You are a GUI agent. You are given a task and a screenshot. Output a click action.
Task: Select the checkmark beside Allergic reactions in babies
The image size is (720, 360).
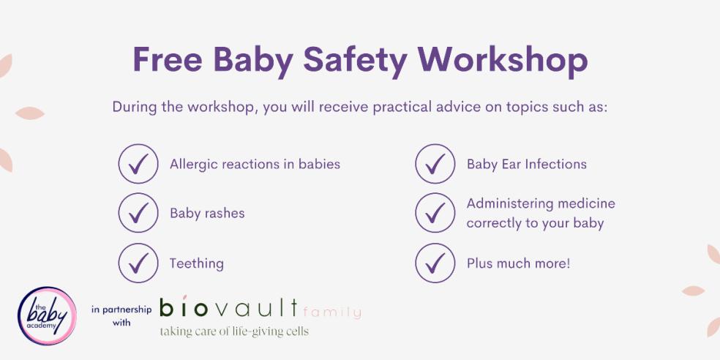click(x=138, y=164)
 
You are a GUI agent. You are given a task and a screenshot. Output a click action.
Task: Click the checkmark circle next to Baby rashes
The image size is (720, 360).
click(x=138, y=213)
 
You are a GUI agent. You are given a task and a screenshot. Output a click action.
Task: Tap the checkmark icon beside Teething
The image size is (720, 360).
click(x=138, y=263)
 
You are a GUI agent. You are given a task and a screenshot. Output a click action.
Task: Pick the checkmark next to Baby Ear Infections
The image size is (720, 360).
click(x=435, y=164)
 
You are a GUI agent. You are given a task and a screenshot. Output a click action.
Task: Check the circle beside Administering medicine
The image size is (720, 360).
click(x=435, y=213)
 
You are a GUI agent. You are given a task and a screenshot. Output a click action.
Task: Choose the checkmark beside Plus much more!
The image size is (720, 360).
click(x=435, y=263)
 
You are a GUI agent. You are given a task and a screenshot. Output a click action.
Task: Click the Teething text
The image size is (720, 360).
click(x=196, y=263)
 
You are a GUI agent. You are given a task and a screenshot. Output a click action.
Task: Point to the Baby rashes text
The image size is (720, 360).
click(x=207, y=214)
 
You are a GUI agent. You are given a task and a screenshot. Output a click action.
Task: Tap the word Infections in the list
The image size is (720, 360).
click(x=552, y=164)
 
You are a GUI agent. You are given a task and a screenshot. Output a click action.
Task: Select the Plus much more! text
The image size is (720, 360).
click(x=518, y=263)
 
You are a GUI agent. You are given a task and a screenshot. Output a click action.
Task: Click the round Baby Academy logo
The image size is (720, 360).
click(x=47, y=315)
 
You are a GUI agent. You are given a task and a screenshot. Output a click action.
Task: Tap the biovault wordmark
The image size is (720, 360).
click(x=229, y=308)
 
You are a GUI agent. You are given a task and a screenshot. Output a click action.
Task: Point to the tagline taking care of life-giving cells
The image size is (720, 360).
click(x=234, y=331)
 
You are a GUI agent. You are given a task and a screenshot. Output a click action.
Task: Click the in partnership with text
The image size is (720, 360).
click(x=121, y=315)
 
